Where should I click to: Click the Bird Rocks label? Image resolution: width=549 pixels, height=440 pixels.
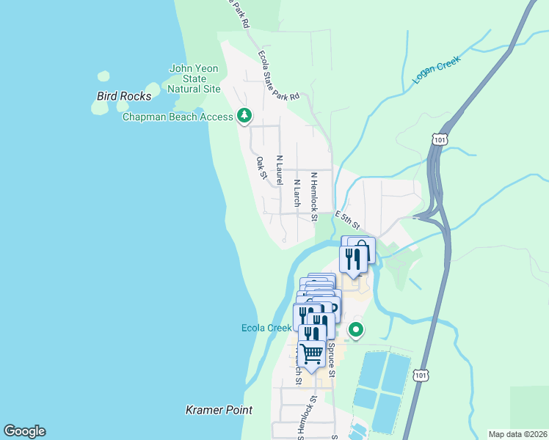point(124,96)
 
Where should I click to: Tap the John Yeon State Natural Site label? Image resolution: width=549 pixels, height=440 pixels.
point(194,78)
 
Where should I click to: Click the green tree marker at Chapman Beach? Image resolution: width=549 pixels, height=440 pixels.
point(244,116)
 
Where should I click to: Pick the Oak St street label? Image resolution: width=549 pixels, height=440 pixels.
point(261,166)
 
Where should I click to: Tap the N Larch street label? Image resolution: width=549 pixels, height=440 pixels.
point(297,192)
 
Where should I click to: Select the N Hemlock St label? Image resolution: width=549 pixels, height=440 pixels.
point(313,197)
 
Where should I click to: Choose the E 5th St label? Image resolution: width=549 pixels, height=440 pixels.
point(349,219)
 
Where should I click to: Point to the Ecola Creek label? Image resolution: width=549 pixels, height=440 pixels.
point(266,328)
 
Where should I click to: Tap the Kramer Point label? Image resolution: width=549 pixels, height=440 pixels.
point(219,411)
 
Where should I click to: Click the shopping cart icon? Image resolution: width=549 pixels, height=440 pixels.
point(312,353)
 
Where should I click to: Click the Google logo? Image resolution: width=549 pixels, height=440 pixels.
point(24,431)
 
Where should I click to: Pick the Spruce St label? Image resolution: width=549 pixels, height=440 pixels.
point(331,359)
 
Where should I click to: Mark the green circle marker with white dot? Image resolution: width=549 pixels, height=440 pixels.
point(356,330)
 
